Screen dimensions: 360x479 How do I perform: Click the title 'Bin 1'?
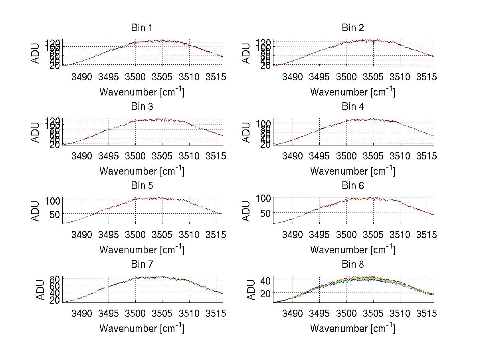(x=142, y=28)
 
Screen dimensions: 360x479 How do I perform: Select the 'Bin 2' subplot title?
(x=352, y=28)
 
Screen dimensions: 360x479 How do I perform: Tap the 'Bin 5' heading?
(x=142, y=186)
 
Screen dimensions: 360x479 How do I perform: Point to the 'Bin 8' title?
(x=352, y=265)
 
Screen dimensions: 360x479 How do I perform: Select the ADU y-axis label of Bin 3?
(x=36, y=132)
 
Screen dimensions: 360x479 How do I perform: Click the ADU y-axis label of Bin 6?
(x=247, y=211)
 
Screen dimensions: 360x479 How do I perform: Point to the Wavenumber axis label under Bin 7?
(x=142, y=328)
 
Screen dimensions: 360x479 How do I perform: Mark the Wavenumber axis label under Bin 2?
(x=352, y=91)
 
